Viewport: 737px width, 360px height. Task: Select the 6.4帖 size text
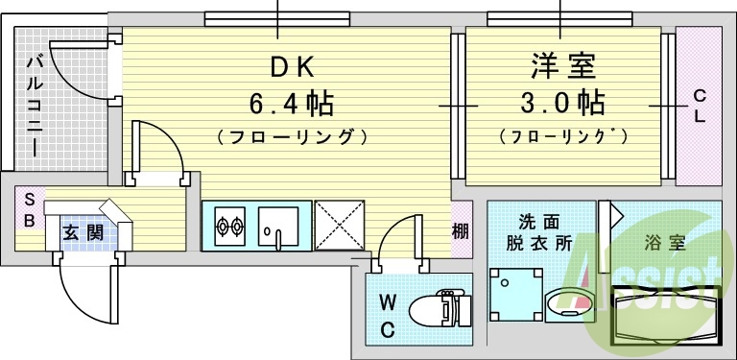(291, 102)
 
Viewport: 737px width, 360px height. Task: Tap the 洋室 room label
(563, 67)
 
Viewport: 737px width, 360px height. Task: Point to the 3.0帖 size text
(563, 102)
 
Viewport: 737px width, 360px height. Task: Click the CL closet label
(700, 106)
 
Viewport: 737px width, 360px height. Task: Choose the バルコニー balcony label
(34, 106)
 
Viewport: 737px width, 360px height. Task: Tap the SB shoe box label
(30, 210)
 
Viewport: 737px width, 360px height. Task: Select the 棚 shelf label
(461, 230)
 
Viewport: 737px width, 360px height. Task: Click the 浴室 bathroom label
(664, 242)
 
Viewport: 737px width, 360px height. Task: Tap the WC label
(388, 316)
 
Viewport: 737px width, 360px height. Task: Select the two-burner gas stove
(230, 227)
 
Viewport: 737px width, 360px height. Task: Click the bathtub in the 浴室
(664, 316)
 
